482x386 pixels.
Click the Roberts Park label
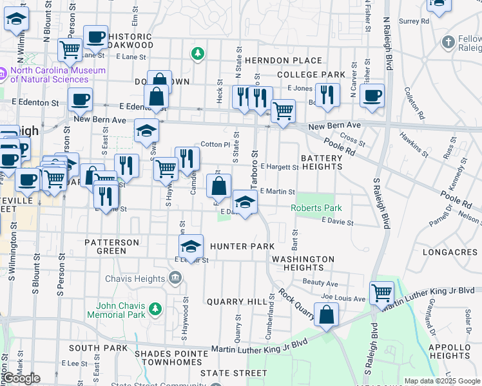pos(316,208)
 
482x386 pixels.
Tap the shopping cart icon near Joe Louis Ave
pos(381,293)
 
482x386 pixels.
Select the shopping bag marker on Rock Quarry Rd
pos(327,315)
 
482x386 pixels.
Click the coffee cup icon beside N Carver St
pos(372,96)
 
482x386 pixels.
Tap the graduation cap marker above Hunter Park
pos(191,246)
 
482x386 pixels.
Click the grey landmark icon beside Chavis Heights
pos(175,278)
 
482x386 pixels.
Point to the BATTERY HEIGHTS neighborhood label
pos(322,162)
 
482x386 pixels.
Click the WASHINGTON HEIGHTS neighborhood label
pos(302,263)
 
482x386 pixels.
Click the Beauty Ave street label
pos(320,284)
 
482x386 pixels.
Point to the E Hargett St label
pos(280,167)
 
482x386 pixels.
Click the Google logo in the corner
pos(21,378)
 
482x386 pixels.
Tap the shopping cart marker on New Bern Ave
pos(283,111)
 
